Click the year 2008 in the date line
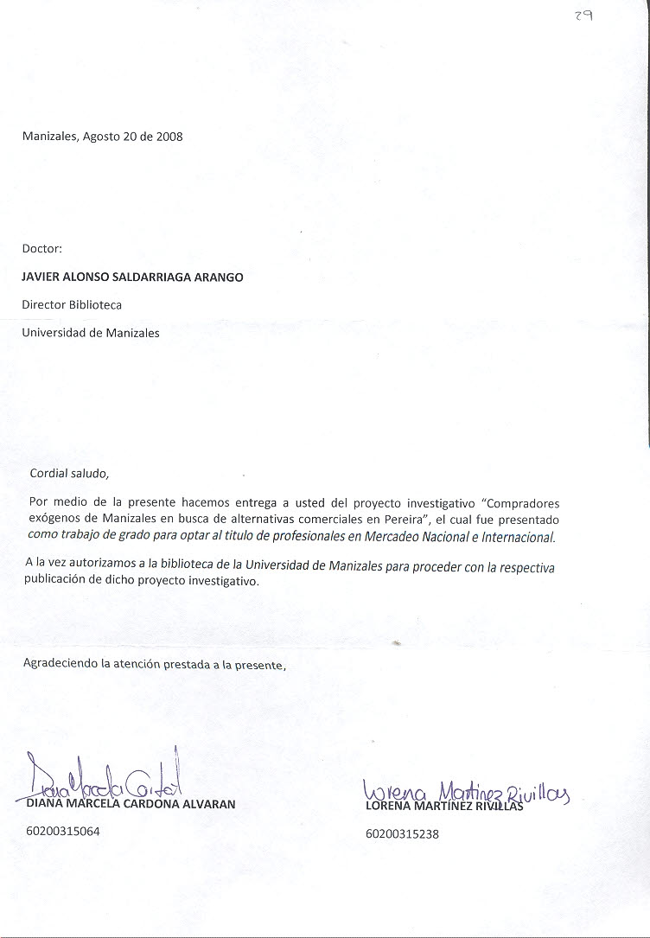(169, 137)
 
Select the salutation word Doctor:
(42, 248)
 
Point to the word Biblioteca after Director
(97, 305)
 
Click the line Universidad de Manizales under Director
(91, 333)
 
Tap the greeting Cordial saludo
(70, 473)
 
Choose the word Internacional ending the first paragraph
(513, 537)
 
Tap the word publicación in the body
(58, 582)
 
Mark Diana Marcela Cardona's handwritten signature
(104, 779)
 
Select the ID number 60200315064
(64, 832)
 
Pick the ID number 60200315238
(403, 834)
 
